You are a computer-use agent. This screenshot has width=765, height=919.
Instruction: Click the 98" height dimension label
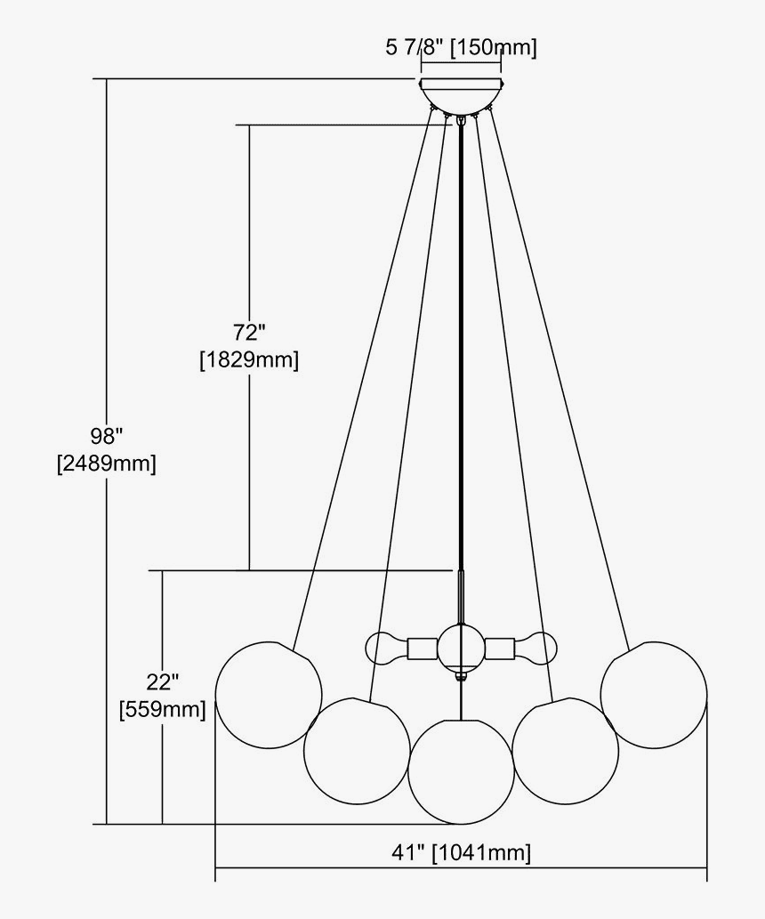pos(106,436)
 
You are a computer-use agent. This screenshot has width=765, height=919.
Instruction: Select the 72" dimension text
pos(250,333)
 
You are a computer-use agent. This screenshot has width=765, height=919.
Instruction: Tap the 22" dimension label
pos(163,681)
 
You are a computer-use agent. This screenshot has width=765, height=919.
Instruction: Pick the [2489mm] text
pos(106,464)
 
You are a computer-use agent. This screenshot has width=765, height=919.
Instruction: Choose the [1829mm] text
pos(249,360)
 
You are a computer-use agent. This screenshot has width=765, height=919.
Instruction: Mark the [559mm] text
pos(163,709)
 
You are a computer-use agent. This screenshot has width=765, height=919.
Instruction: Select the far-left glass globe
pos(269,697)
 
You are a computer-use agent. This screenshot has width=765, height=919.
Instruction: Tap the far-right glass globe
pos(654,693)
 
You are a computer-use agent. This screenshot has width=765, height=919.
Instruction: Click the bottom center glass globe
pos(461,770)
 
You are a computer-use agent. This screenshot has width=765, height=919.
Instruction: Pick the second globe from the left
pos(356,750)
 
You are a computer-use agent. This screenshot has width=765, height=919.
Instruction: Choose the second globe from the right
pos(566,750)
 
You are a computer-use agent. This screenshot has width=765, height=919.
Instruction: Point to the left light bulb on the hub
pos(383,647)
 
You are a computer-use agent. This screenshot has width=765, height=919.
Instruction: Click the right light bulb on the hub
pos(538,647)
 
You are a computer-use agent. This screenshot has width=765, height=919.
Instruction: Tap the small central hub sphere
pos(461,648)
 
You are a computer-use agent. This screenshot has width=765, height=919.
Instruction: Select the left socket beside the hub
pos(421,648)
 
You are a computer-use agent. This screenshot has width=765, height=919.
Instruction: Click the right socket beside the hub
pos(502,648)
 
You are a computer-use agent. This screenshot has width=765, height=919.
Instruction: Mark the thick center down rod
pos(461,356)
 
